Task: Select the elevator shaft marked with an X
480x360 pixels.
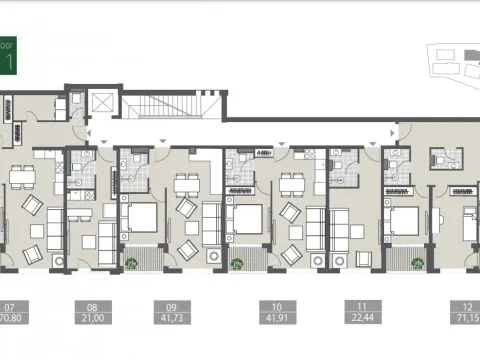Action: point(100,104)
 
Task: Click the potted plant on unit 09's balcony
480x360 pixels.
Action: point(132,263)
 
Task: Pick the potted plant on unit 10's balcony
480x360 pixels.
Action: point(237,263)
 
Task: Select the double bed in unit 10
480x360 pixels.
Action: point(245,217)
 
